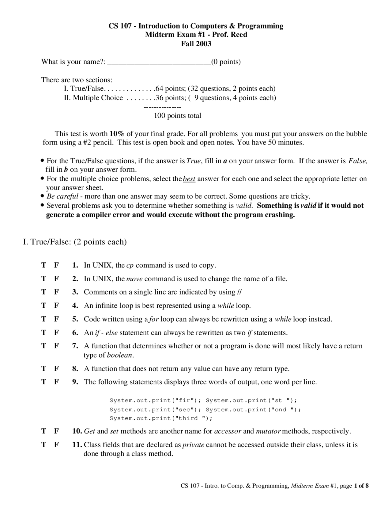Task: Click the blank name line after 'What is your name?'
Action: (x=159, y=62)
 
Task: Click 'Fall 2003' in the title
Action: (x=196, y=44)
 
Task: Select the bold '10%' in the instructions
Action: (x=117, y=134)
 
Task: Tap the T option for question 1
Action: (x=44, y=265)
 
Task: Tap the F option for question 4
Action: (x=56, y=306)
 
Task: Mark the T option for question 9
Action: (x=44, y=382)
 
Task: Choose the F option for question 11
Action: (x=56, y=445)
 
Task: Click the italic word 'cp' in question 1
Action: (x=130, y=265)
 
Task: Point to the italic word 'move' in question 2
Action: (x=134, y=279)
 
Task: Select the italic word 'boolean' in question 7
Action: (x=120, y=355)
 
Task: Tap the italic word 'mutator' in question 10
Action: (x=268, y=431)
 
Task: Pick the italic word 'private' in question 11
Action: (x=193, y=445)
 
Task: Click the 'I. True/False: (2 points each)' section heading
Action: (x=75, y=242)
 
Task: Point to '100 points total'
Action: (x=177, y=116)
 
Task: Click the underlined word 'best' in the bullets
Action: (x=189, y=179)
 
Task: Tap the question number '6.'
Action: (x=75, y=333)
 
